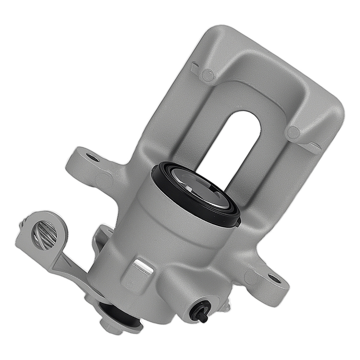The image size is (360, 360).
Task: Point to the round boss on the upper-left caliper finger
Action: pyautogui.click(x=208, y=75)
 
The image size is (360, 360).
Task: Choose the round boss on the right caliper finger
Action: pyautogui.click(x=294, y=132)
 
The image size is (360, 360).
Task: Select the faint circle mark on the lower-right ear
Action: pyautogui.click(x=249, y=277)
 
